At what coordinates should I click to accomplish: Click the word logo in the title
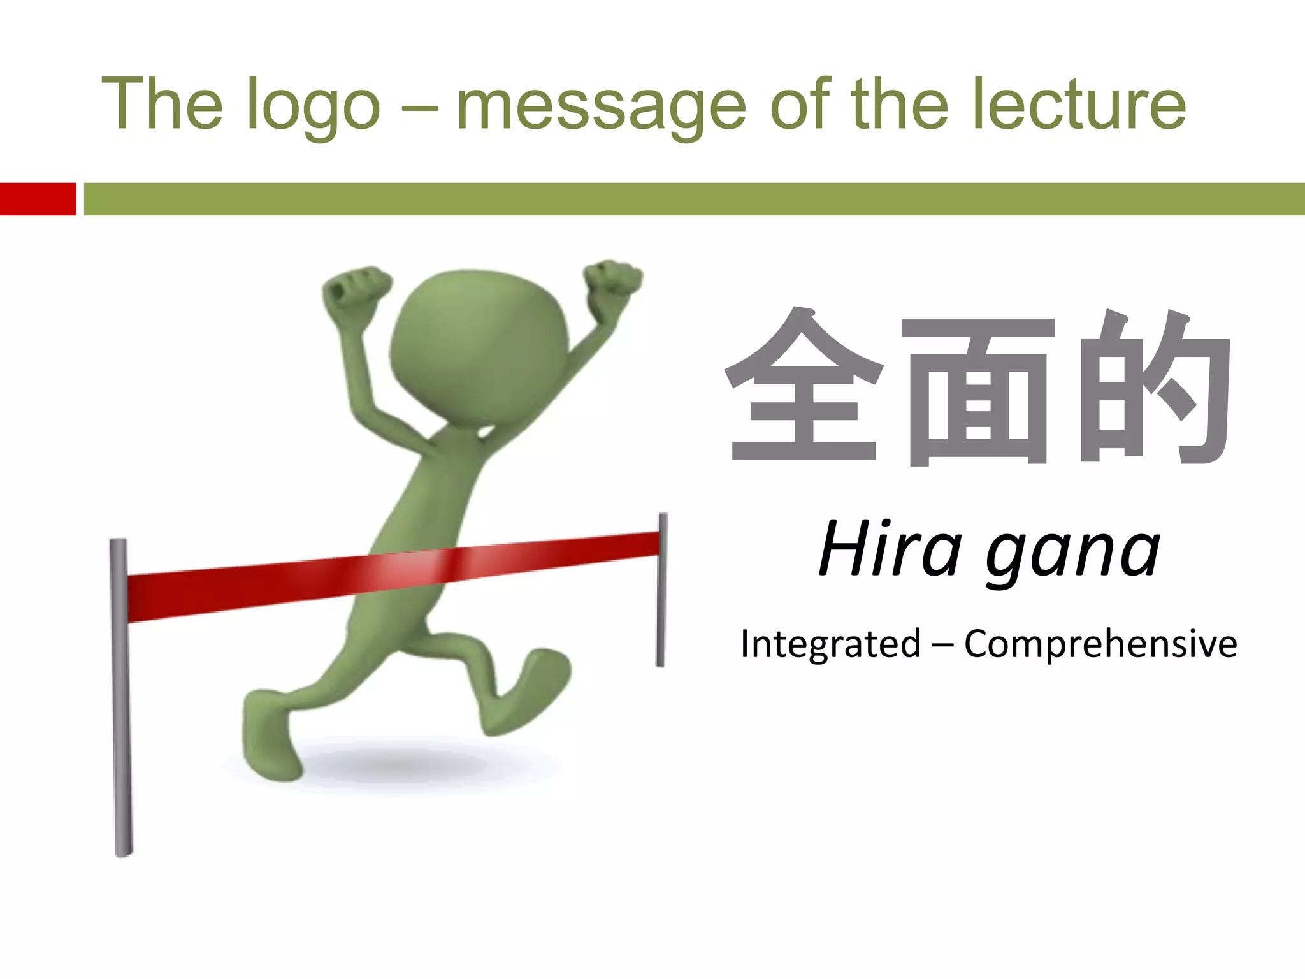[x=313, y=105]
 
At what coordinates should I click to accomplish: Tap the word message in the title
[x=601, y=105]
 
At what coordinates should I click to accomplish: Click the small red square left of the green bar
[x=38, y=199]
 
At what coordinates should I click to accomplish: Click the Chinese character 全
[x=804, y=386]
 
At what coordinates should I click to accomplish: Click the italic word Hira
[x=890, y=549]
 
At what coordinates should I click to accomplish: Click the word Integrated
[x=830, y=643]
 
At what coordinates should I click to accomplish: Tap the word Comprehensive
[x=1100, y=644]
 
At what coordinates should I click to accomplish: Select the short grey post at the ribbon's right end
[x=661, y=590]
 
